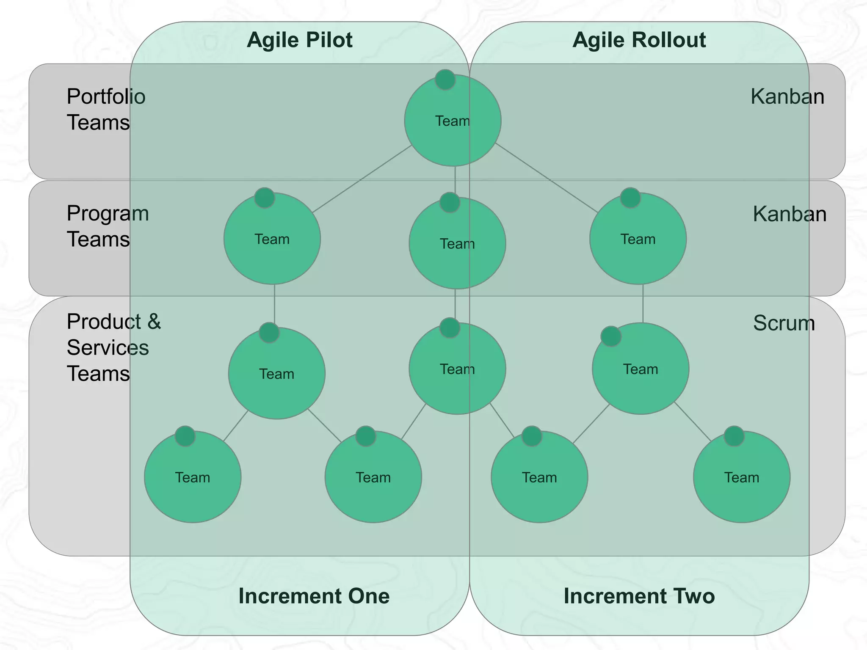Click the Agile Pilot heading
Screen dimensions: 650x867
click(x=299, y=40)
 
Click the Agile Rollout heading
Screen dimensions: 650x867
click(x=639, y=40)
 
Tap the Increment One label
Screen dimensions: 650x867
click(x=314, y=596)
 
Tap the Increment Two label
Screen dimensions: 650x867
click(x=639, y=596)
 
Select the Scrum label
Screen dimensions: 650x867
click(x=784, y=323)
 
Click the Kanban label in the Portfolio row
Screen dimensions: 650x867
click(x=787, y=97)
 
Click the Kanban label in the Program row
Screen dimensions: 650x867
click(x=789, y=214)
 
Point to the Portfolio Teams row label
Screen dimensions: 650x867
click(x=106, y=109)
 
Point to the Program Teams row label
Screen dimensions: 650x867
click(x=108, y=226)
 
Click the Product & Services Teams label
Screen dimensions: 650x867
click(x=113, y=347)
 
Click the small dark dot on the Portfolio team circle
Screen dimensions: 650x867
click(x=445, y=80)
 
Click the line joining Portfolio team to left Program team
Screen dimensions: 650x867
click(x=362, y=179)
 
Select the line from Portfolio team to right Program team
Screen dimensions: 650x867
click(x=546, y=178)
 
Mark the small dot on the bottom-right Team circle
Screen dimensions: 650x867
click(x=734, y=436)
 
